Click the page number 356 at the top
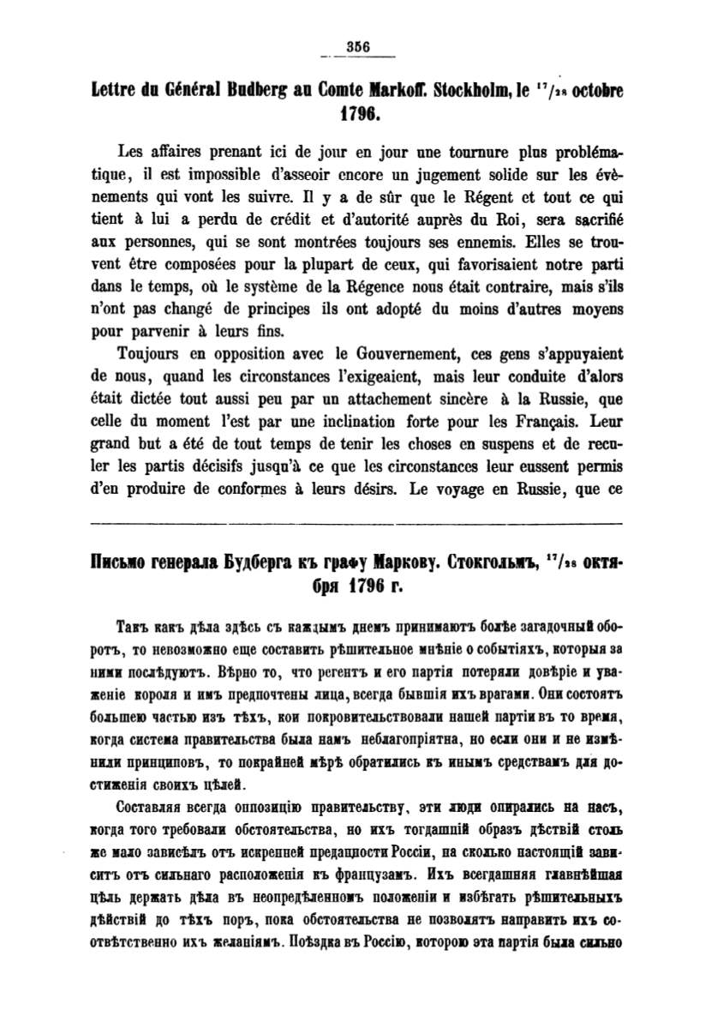tap(356, 48)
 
